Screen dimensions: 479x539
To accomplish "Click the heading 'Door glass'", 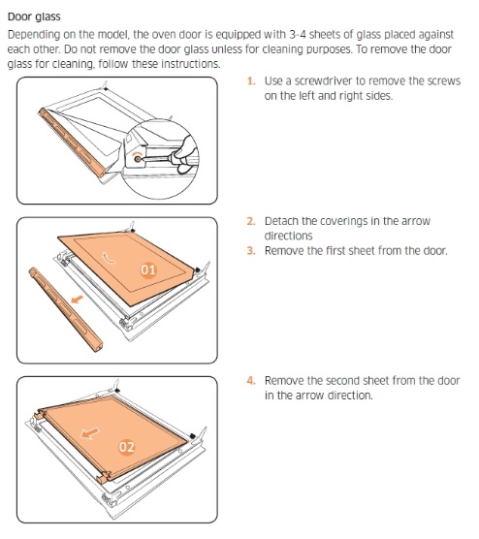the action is coord(34,16).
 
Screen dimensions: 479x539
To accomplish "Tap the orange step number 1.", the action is coord(251,81).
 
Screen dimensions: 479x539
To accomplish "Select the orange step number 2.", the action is coord(251,221).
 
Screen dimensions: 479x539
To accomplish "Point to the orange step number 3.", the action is coord(251,250).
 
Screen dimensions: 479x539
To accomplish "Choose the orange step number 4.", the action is coord(251,381).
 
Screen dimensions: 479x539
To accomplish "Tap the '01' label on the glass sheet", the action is coord(148,269).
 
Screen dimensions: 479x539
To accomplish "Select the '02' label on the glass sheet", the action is coord(127,447).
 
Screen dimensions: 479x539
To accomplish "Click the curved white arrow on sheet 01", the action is coord(109,257).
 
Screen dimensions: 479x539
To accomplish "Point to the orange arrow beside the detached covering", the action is coord(77,299).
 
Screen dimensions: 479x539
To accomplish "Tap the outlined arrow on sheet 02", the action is coord(90,433).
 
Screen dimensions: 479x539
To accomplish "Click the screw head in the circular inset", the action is coord(138,159).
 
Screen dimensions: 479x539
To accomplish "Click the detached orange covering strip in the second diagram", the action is coord(65,309).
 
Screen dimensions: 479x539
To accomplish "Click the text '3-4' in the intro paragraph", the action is coord(298,34).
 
